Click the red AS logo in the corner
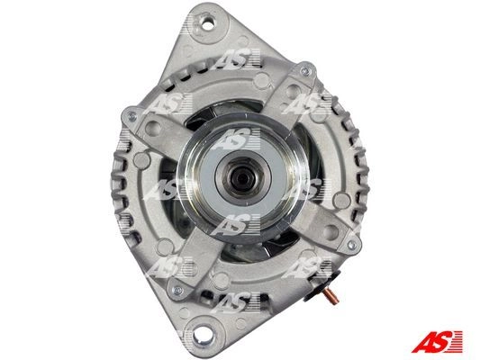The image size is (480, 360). pyautogui.click(x=437, y=341)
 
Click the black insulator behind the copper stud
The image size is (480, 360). pyautogui.click(x=322, y=287)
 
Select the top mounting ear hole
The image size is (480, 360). pyautogui.click(x=208, y=24)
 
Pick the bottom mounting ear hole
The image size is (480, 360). pyautogui.click(x=201, y=334)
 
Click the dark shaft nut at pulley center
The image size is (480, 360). pyautogui.click(x=242, y=178)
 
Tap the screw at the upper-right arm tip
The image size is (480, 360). pyautogui.click(x=306, y=72)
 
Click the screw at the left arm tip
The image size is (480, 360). pyautogui.click(x=132, y=116)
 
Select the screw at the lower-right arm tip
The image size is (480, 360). pyautogui.click(x=352, y=245)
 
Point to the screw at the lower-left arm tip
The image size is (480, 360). pyautogui.click(x=177, y=290)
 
